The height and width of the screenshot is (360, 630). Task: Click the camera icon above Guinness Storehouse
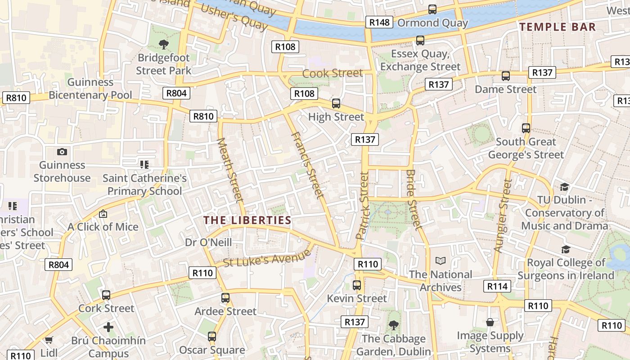(62, 152)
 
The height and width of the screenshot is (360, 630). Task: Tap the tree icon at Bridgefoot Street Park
(164, 44)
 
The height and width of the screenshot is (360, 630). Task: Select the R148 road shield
(379, 22)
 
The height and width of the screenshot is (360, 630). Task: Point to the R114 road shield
(497, 286)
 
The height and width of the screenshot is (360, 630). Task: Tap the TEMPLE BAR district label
(558, 27)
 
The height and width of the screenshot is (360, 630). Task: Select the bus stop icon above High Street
(336, 103)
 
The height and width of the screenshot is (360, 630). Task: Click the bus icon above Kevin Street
(357, 285)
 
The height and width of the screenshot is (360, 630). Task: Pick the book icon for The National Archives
(441, 261)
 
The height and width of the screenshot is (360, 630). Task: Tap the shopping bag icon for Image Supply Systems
(490, 322)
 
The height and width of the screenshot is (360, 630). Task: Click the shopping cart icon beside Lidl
(49, 340)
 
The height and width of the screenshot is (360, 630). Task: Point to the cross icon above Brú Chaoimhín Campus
(108, 327)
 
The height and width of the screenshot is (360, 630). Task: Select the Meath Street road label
(230, 170)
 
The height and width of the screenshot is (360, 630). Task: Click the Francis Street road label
(307, 165)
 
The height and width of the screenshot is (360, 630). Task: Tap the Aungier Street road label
(503, 215)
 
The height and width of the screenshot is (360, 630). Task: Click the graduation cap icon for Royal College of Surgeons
(566, 249)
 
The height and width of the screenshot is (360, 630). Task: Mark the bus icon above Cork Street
(106, 295)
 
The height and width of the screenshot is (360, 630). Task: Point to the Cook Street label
(332, 73)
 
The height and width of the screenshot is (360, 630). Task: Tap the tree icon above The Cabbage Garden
(394, 325)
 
